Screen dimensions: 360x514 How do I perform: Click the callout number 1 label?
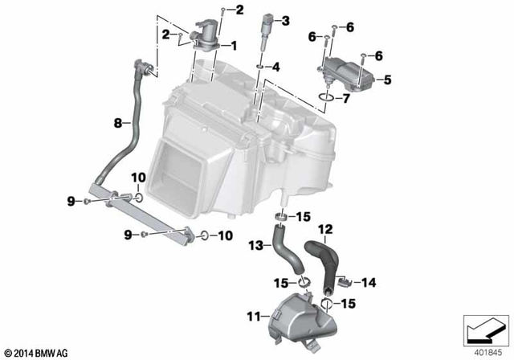[x=235, y=45]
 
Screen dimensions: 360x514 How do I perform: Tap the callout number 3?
[x=286, y=19]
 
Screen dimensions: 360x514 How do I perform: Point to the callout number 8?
[x=117, y=123]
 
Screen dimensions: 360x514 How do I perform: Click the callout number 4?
[x=275, y=67]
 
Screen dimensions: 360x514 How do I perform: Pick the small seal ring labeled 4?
[x=261, y=67]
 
